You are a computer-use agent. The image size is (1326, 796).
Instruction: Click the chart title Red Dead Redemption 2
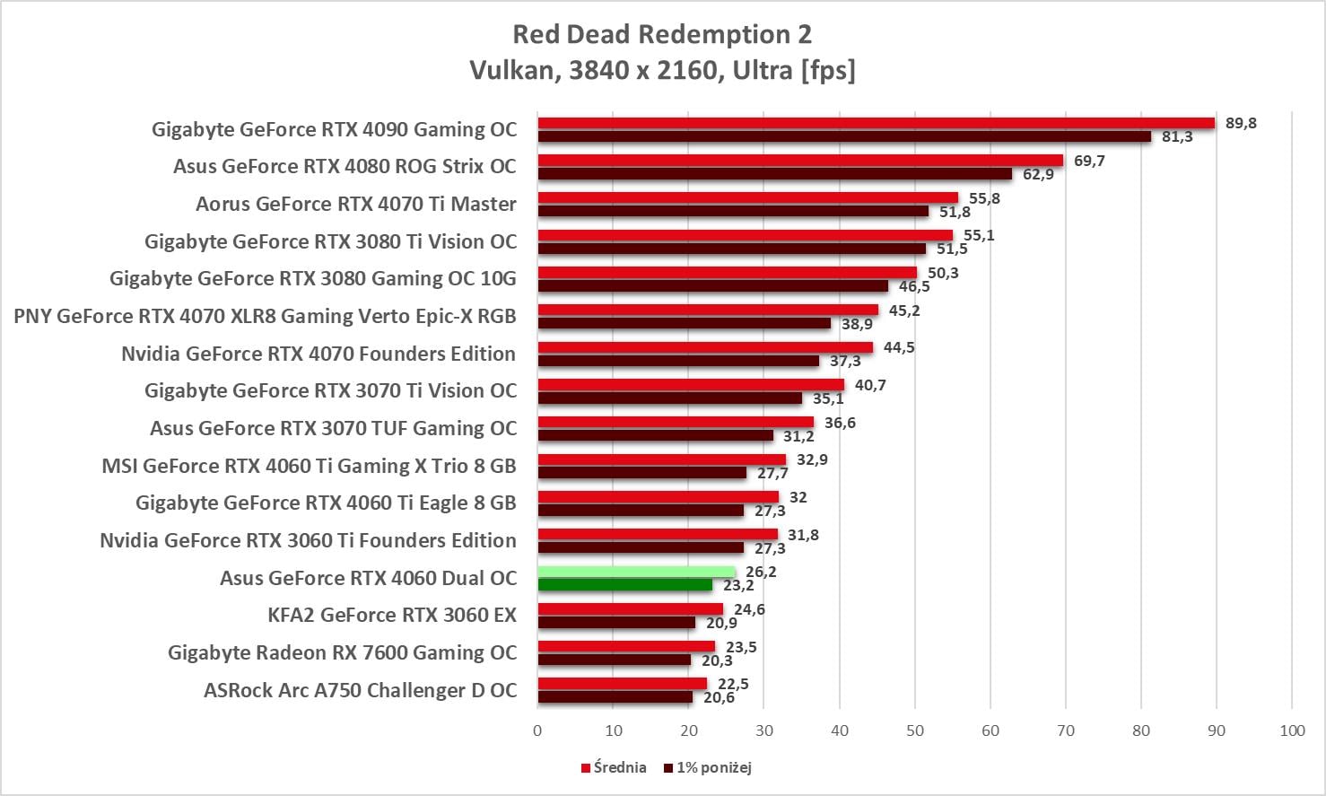click(662, 34)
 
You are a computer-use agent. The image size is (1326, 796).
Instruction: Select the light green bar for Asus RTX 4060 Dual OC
click(636, 572)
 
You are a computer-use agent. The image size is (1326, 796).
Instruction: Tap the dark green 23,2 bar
click(625, 585)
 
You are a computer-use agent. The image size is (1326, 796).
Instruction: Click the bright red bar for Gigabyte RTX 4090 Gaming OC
click(876, 123)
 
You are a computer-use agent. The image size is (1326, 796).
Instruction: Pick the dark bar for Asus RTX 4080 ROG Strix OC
click(775, 174)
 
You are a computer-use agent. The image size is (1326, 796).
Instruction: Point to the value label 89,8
click(1241, 123)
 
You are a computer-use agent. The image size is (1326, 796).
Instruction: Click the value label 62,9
click(1038, 174)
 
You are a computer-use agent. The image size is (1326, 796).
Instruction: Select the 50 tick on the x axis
click(914, 730)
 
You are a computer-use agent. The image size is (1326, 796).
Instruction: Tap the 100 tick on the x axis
click(1292, 730)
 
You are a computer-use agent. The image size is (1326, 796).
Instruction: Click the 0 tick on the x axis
click(537, 730)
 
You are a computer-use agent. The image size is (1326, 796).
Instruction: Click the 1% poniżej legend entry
click(708, 767)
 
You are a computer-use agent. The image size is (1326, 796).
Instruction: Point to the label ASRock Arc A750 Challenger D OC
click(360, 690)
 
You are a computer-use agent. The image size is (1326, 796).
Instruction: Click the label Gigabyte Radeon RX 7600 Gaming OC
click(342, 652)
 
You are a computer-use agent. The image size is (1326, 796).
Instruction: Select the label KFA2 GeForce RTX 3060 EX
click(392, 615)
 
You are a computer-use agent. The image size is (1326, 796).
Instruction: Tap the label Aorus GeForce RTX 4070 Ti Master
click(355, 204)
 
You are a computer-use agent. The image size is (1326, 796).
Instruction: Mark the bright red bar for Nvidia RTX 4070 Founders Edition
click(705, 347)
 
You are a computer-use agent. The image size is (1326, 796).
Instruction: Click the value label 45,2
click(904, 311)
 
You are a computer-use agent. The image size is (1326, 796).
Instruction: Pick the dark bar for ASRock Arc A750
click(615, 697)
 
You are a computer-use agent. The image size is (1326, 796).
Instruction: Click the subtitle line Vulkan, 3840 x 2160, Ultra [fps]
click(662, 70)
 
